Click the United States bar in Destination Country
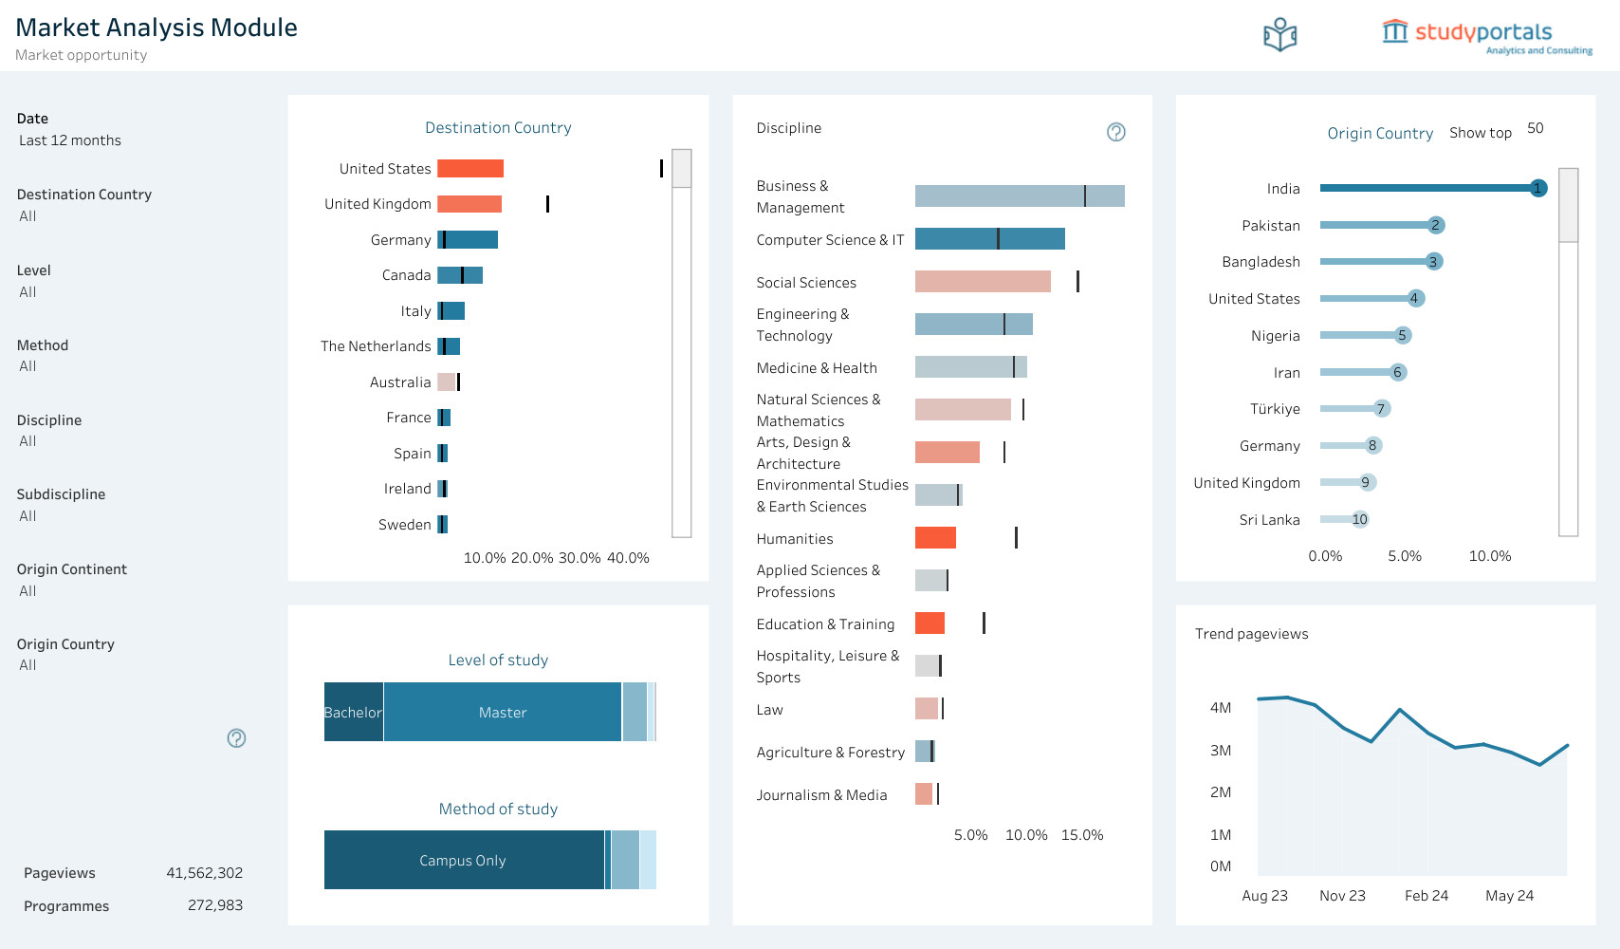[470, 169]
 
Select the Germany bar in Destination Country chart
[468, 239]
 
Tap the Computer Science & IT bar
[989, 239]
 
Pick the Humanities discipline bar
[935, 538]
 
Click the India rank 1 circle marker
[1538, 188]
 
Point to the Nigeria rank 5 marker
[1402, 335]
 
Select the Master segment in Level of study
[503, 712]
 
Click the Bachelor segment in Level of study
[354, 712]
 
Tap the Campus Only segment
[464, 860]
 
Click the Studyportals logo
[1487, 36]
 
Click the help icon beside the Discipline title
[1116, 132]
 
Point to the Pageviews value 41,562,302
[205, 873]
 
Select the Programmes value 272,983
[214, 905]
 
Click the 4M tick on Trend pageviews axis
[1220, 708]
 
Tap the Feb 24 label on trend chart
[1427, 896]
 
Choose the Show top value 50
[1536, 128]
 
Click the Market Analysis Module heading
[156, 28]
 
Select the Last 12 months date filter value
[70, 140]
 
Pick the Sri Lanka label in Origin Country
[1269, 520]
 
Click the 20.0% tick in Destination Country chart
[531, 558]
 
